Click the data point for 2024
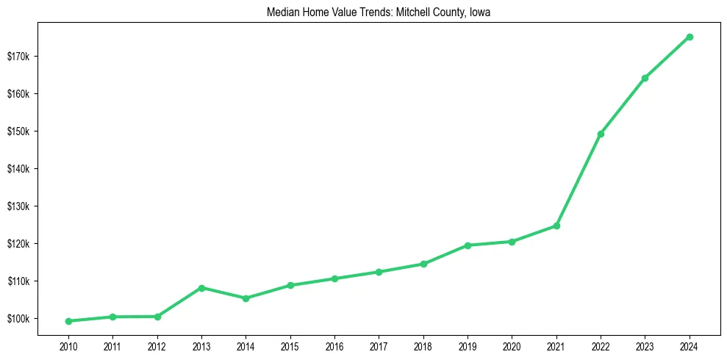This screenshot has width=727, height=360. coord(690,37)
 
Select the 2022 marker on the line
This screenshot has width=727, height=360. coord(601,134)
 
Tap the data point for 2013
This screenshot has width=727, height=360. coord(201,287)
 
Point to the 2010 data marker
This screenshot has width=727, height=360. coord(68,321)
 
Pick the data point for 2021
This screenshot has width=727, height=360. coord(556,226)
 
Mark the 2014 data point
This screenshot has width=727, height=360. coord(246,298)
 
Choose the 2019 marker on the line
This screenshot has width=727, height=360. coord(468,245)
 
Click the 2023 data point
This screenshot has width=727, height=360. coord(645,78)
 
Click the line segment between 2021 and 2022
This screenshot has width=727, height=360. coord(579,180)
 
